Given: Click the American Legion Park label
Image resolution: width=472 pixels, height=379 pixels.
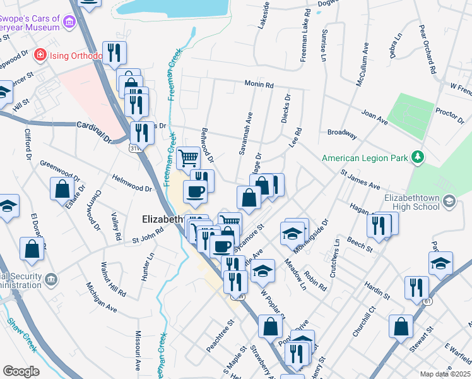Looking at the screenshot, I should click(365, 158).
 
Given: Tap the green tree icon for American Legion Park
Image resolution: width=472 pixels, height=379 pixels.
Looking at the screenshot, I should click(416, 156).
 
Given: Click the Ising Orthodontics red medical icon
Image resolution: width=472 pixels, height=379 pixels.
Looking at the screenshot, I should click(40, 55).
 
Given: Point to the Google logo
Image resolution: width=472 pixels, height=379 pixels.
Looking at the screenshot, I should click(21, 371).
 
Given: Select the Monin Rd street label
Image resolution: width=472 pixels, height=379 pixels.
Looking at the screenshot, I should click(259, 84).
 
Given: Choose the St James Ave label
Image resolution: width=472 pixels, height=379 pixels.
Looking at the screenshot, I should click(360, 179).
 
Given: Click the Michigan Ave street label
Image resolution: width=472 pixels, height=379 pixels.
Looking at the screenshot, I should click(102, 298).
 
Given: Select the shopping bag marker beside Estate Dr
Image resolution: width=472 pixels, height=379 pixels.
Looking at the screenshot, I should click(63, 188).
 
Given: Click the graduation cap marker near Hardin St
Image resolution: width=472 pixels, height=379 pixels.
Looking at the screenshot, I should click(440, 263).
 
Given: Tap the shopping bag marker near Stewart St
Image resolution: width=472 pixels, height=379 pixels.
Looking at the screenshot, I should click(401, 326).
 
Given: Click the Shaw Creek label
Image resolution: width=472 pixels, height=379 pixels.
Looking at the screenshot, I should click(22, 334).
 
